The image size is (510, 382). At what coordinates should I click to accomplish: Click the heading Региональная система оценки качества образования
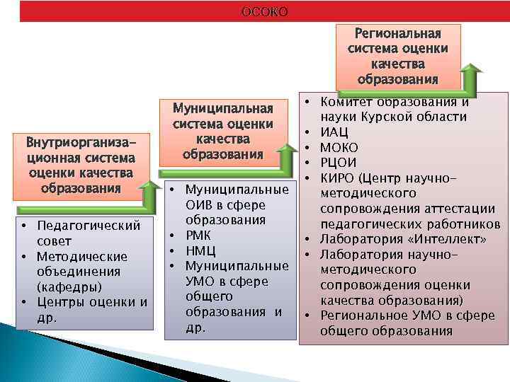tap(398, 56)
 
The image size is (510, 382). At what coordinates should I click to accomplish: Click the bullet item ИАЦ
tap(334, 132)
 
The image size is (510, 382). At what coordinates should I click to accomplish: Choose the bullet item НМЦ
tap(200, 251)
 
